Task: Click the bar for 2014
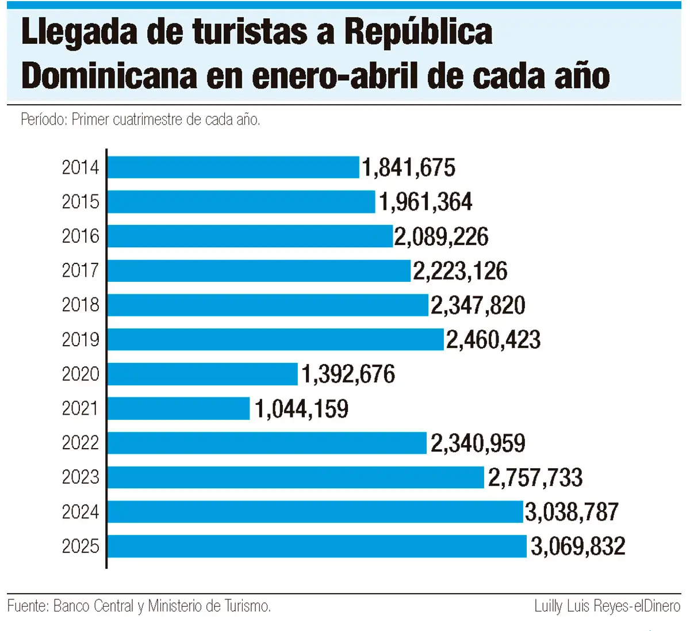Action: click(233, 167)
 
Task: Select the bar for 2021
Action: click(178, 408)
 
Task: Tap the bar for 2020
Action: click(202, 374)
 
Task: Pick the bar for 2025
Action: click(316, 546)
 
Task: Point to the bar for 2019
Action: click(275, 339)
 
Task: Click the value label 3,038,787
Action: click(572, 512)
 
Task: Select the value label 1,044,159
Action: click(301, 409)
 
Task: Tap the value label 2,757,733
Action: click(535, 477)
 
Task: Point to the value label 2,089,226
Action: click(441, 236)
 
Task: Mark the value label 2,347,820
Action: click(478, 305)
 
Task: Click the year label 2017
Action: click(80, 270)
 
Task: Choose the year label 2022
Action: click(80, 443)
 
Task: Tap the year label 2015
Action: click(80, 202)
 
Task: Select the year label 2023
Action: click(80, 477)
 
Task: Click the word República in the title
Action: click(418, 32)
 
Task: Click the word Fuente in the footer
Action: click(27, 606)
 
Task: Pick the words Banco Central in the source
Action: click(93, 606)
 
